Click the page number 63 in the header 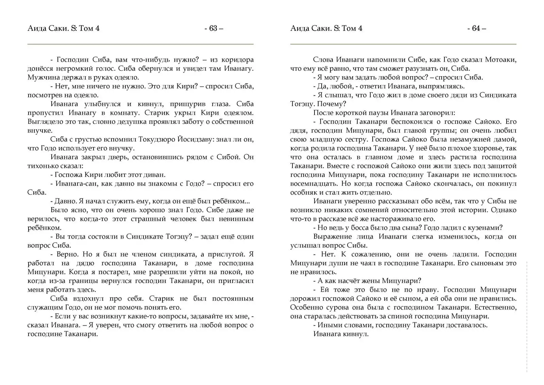coord(213,28)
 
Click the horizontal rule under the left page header coord(140,44)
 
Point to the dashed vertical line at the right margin coord(527,317)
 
